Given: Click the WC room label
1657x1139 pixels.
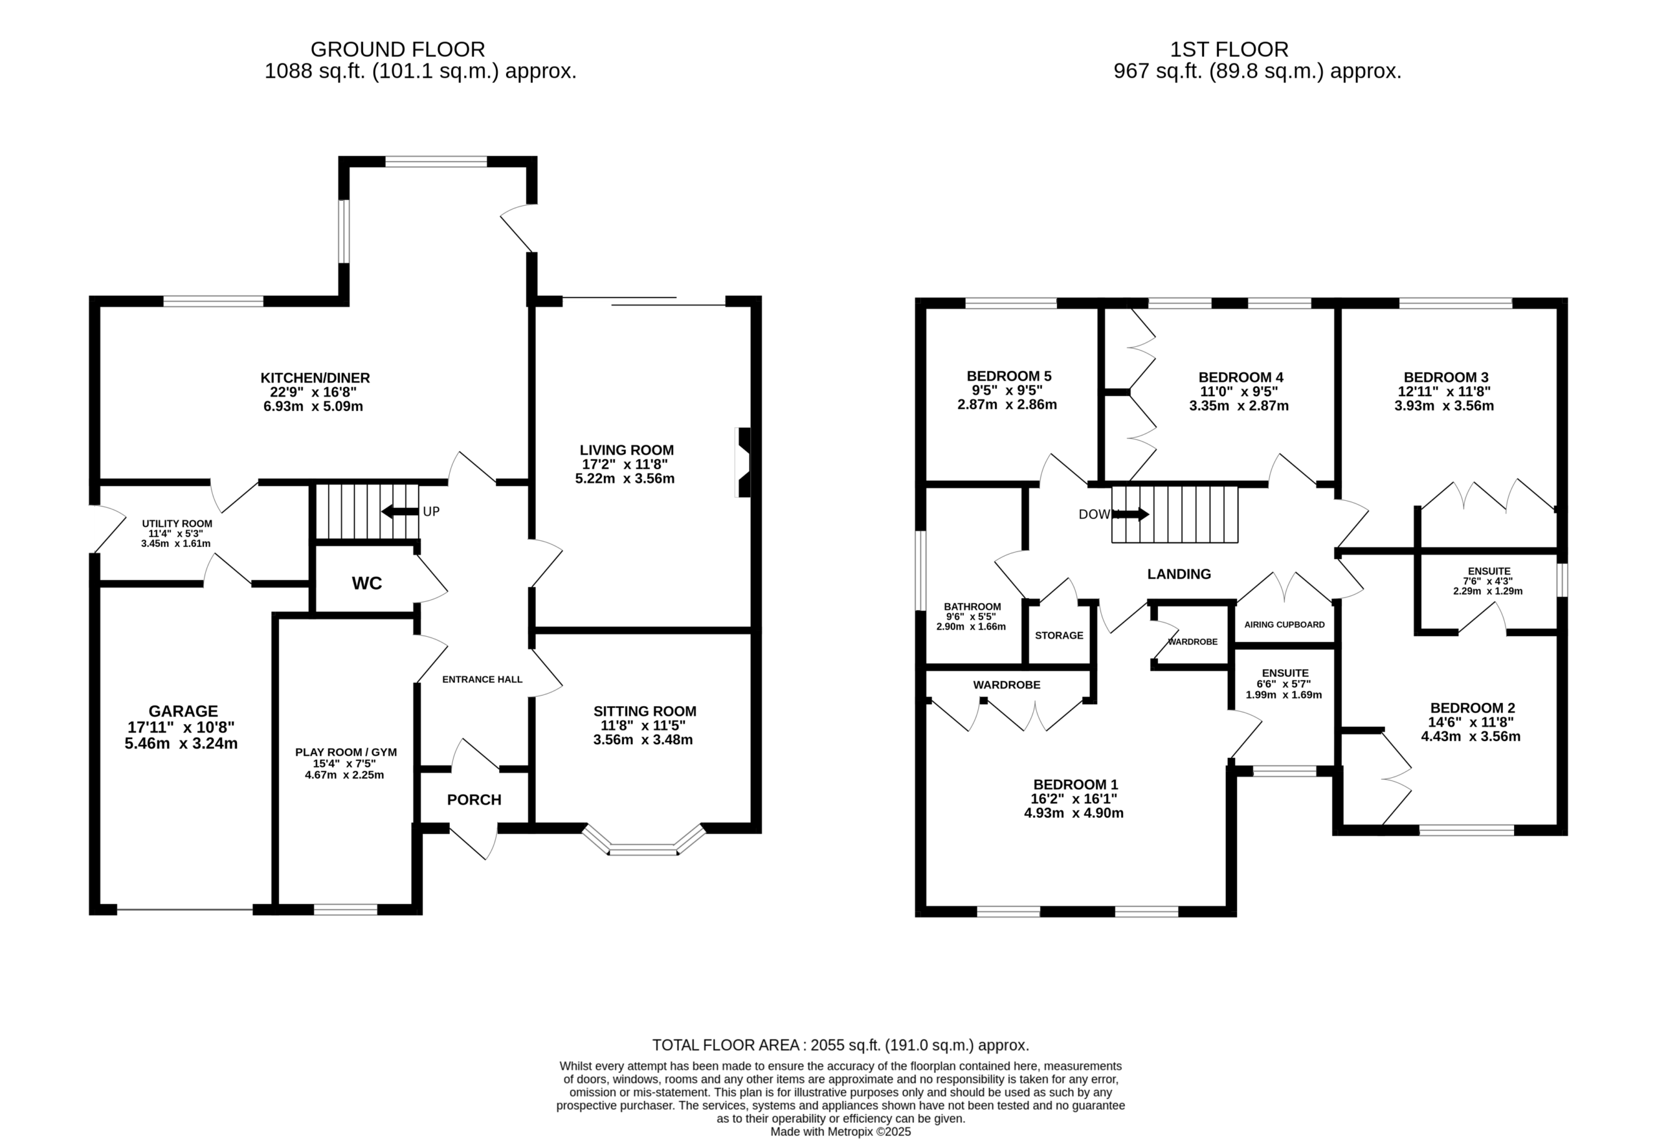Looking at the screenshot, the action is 367,583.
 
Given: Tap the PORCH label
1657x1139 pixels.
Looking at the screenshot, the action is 474,800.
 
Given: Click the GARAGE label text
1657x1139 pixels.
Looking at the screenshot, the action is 183,711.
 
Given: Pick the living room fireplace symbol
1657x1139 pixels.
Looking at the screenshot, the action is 744,463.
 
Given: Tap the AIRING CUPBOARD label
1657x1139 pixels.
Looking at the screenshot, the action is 1284,625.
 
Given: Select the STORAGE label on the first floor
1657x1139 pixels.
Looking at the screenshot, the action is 1059,635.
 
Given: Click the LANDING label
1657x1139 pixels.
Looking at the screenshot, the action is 1179,574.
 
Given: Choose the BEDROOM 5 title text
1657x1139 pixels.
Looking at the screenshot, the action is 1009,376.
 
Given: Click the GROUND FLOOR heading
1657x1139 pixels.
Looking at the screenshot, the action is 397,49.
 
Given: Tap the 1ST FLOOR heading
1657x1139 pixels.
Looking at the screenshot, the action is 1229,49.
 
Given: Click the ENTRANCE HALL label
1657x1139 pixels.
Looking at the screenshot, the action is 482,680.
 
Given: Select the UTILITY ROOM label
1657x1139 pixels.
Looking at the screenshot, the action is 177,524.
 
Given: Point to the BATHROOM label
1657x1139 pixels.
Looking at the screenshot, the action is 972,606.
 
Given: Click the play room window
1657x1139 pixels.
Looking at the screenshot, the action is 346,909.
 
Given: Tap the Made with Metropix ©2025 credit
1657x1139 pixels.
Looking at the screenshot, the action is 841,1132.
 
